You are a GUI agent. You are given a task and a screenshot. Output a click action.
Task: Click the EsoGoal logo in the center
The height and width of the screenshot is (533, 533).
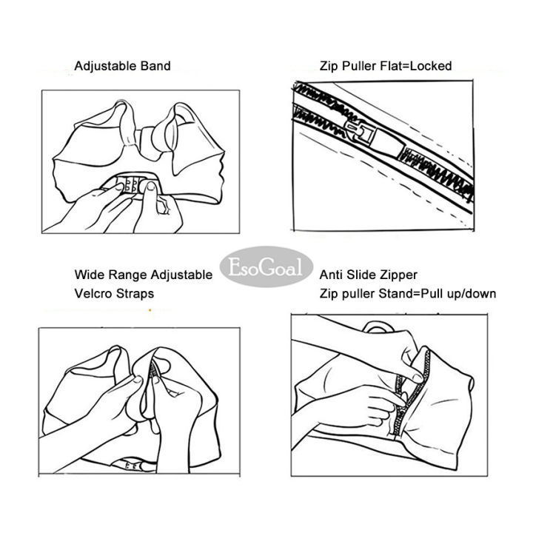pyautogui.click(x=266, y=266)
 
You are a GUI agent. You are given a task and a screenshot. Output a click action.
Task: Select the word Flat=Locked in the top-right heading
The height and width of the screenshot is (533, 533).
pyautogui.click(x=416, y=66)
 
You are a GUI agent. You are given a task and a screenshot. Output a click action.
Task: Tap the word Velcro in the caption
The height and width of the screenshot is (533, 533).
pyautogui.click(x=92, y=294)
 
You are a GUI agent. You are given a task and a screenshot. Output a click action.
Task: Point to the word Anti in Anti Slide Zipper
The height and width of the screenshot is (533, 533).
pyautogui.click(x=331, y=275)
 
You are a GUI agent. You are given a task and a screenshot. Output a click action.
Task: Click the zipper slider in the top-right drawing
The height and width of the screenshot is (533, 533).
pyautogui.click(x=373, y=137)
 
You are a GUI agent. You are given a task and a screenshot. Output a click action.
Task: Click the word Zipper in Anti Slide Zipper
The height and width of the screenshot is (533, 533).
pyautogui.click(x=399, y=275)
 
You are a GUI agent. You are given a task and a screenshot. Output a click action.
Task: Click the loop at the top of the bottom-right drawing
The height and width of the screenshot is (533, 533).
pyautogui.click(x=378, y=327)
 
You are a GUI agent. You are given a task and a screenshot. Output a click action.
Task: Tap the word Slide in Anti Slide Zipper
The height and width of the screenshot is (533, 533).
pyautogui.click(x=361, y=275)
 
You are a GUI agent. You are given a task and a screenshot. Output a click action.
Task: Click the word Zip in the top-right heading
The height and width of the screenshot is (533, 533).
pyautogui.click(x=329, y=66)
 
